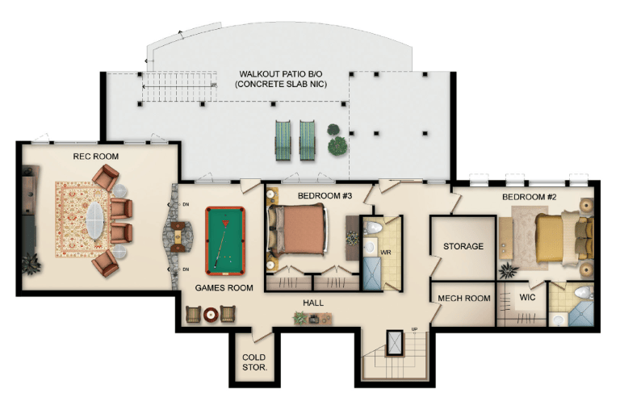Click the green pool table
pos(225,240)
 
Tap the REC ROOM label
pos(96,157)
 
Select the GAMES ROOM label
pos(224,288)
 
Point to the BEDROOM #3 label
pos(325,196)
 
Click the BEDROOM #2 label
pos(529,197)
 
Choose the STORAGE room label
pos(463,246)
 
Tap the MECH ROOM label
pos(464,298)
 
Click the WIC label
pos(527,298)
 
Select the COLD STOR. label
pos(254,362)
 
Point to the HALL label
pos(313,303)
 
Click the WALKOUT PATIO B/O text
pos(281,74)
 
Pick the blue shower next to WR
pos(371,274)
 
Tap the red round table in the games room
pos(211,315)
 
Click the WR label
pos(386,253)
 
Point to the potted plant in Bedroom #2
pos(509,271)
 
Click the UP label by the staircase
pos(414,329)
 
